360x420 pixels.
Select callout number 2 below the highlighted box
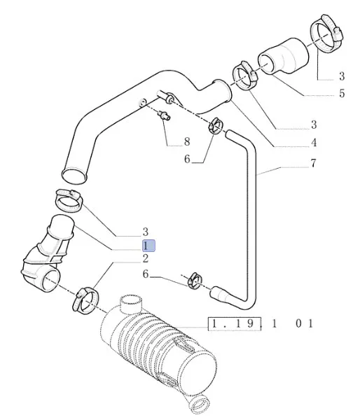tap(146, 259)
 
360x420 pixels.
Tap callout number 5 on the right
tap(342, 93)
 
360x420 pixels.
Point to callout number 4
tap(314, 143)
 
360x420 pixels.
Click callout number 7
tap(313, 163)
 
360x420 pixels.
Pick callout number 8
tap(187, 141)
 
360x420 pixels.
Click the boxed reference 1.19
tap(235, 324)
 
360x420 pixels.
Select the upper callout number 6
tap(187, 159)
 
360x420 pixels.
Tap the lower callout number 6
tap(146, 274)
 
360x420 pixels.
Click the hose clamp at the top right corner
tap(328, 33)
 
